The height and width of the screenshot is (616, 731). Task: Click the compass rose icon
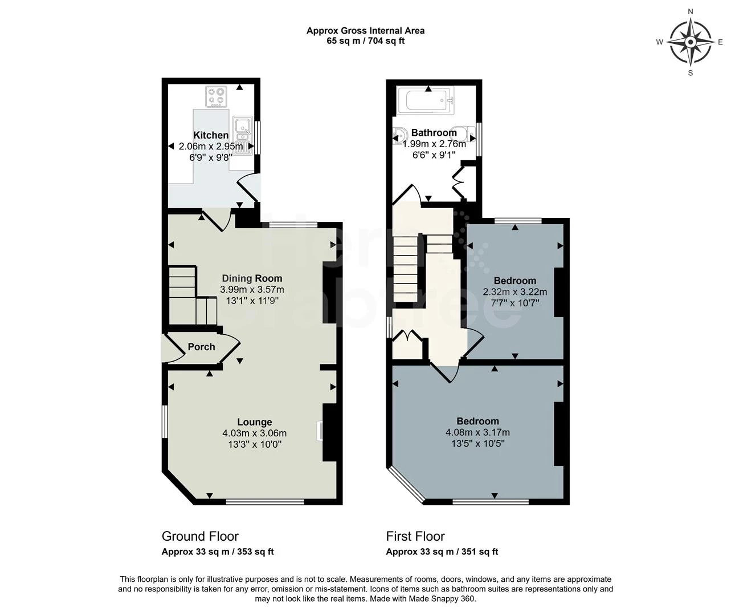coord(690,42)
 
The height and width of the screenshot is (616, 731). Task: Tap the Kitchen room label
coord(211,135)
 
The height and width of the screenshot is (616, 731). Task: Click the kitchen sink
coord(243,135)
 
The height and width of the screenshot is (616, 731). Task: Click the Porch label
coord(201,347)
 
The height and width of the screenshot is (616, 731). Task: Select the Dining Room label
coord(252,278)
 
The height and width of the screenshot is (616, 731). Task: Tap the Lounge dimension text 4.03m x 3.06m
coord(254,433)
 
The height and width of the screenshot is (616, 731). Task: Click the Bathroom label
coord(434,133)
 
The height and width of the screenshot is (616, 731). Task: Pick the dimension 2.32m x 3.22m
coord(514,292)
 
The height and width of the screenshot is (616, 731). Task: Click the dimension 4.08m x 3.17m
coord(477,432)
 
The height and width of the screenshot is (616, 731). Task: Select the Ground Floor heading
coord(200,536)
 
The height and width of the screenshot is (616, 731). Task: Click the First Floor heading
coord(415,536)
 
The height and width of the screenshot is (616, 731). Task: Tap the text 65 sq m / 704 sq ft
coord(365,41)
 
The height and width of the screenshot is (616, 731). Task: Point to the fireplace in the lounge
coord(320,431)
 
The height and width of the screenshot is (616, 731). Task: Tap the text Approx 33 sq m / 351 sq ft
coord(442,552)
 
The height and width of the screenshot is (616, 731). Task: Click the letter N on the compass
coord(691,11)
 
